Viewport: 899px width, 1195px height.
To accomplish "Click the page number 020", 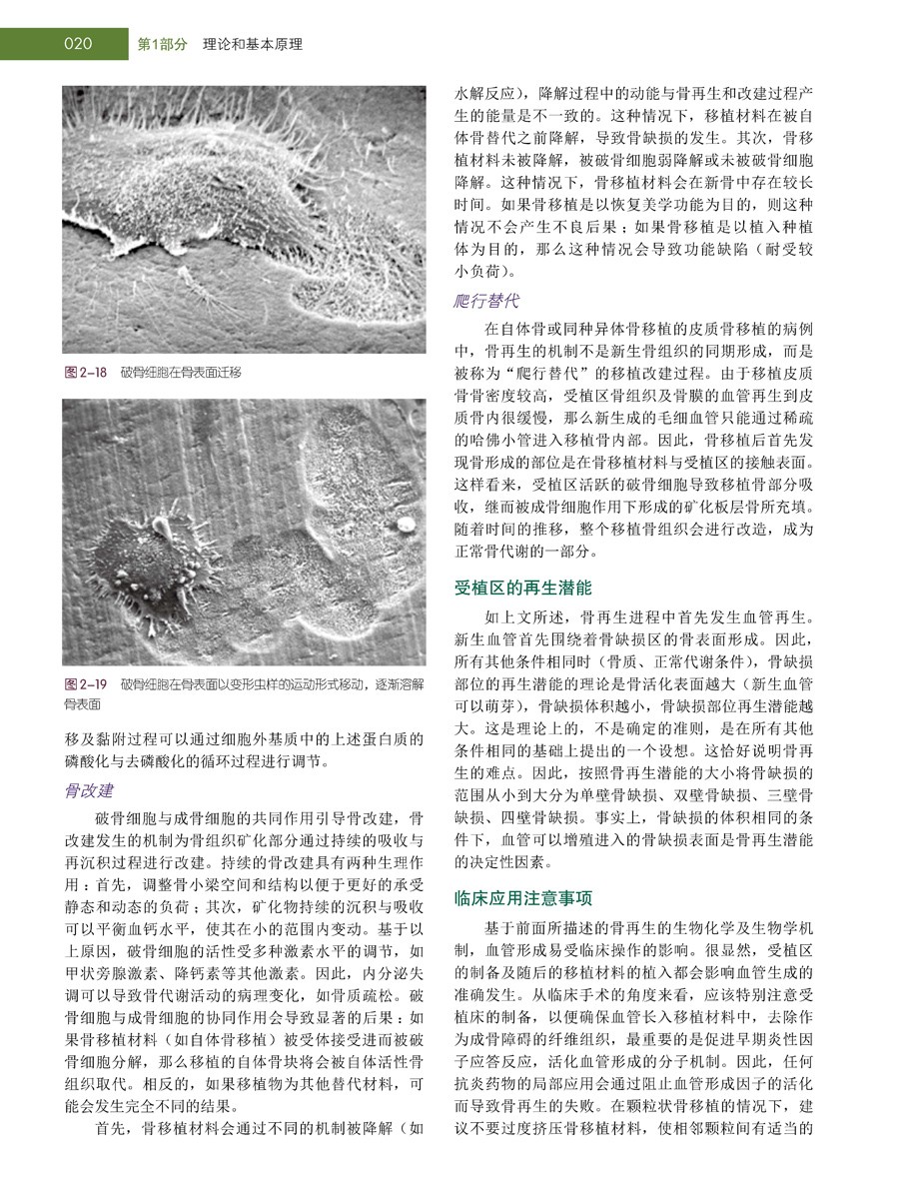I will [x=77, y=44].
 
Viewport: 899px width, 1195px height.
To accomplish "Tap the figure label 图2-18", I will [x=85, y=373].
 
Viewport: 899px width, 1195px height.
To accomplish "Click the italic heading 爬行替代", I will [x=486, y=301].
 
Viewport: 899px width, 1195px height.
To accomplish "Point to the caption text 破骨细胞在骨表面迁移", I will [x=181, y=373].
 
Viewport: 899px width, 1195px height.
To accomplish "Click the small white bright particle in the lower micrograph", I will [x=407, y=523].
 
